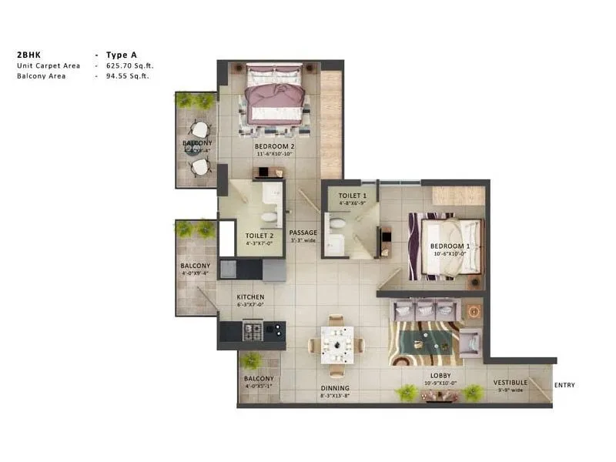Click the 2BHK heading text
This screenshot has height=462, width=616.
click(x=28, y=55)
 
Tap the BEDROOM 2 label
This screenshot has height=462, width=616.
click(x=275, y=146)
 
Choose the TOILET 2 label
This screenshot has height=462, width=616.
click(x=259, y=236)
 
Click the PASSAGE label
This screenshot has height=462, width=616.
click(x=303, y=232)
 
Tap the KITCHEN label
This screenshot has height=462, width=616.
click(x=251, y=296)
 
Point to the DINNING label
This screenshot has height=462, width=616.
click(x=335, y=388)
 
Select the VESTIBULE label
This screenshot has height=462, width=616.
click(x=511, y=382)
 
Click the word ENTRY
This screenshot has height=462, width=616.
click(x=564, y=385)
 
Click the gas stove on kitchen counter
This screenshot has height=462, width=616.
click(x=253, y=331)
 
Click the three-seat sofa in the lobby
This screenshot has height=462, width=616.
click(x=425, y=310)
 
